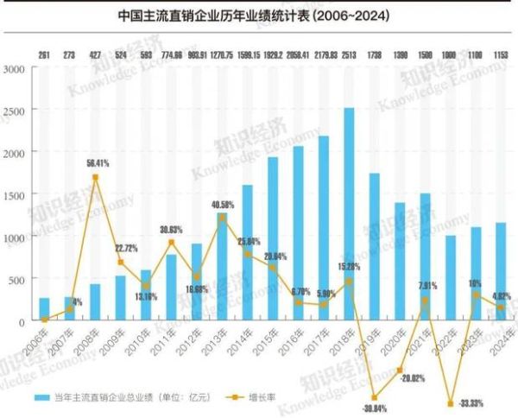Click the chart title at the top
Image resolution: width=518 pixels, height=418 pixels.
pyautogui.click(x=258, y=16)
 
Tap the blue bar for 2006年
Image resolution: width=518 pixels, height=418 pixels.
pyautogui.click(x=44, y=309)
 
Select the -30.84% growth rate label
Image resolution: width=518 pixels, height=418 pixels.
pyautogui.click(x=373, y=408)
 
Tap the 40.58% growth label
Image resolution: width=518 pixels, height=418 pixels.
pyautogui.click(x=223, y=205)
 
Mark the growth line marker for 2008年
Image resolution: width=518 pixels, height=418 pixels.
pyautogui.click(x=95, y=177)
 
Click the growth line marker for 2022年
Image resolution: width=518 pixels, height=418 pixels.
pyautogui.click(x=450, y=403)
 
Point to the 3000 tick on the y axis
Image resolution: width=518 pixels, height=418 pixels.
pyautogui.click(x=16, y=68)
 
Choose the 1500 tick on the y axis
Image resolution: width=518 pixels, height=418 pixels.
pyautogui.click(x=16, y=194)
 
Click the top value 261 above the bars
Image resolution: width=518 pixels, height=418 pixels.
pyautogui.click(x=44, y=55)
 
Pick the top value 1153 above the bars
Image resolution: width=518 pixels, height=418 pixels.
pyautogui.click(x=500, y=55)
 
